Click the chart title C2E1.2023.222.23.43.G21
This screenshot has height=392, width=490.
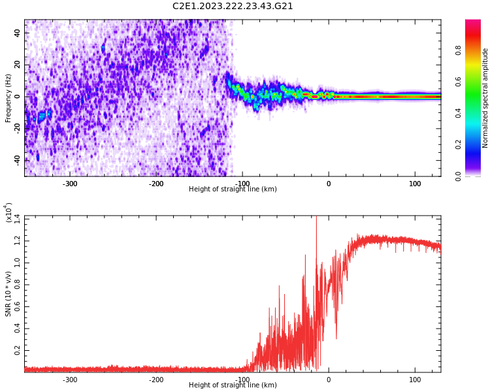point(233,7)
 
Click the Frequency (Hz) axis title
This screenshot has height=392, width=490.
point(8,98)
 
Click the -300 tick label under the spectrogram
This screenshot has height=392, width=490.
point(69,184)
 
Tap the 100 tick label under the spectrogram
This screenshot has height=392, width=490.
point(415,184)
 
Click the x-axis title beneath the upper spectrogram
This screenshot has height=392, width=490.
point(233,189)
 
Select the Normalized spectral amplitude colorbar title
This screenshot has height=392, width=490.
point(485,98)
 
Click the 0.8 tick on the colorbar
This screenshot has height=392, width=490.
point(459,50)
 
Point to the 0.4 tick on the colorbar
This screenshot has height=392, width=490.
point(459,113)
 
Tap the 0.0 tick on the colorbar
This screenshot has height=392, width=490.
point(459,176)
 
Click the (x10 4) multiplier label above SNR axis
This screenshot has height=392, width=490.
point(8,212)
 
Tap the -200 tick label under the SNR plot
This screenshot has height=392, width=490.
point(155,380)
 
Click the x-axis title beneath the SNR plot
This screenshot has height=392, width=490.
point(233,385)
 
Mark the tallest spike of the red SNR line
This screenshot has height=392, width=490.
point(316,218)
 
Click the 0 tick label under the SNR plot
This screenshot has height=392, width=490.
point(329,380)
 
